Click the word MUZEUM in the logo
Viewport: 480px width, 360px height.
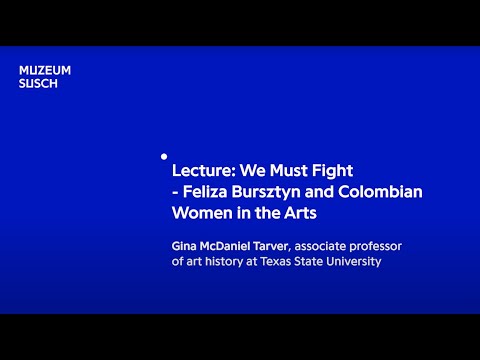point(45,70)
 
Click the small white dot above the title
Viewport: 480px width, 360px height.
point(163,156)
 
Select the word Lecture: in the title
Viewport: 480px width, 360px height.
point(203,170)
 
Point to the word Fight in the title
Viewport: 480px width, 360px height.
point(332,170)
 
